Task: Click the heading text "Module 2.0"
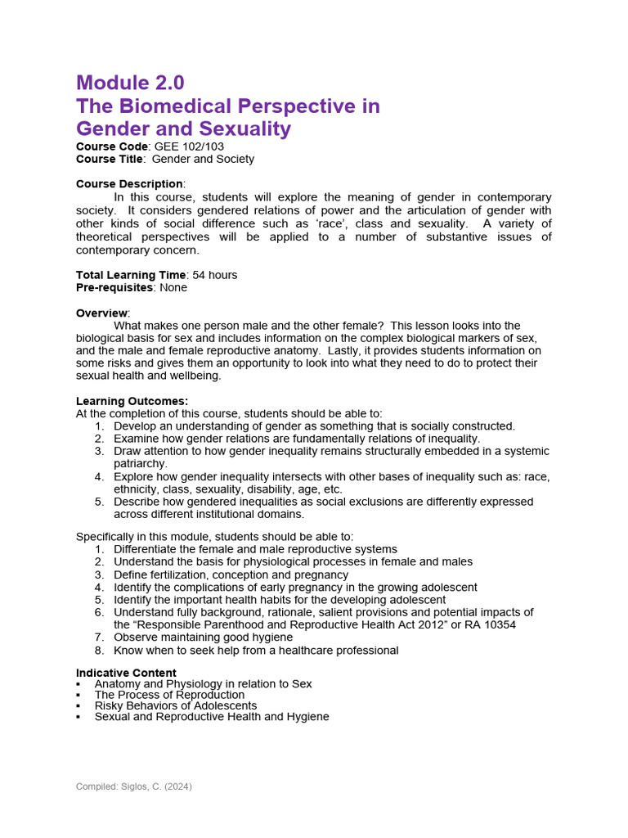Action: click(130, 83)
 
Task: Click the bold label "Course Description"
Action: click(129, 184)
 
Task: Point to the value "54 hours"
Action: click(215, 275)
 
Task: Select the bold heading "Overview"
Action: click(102, 313)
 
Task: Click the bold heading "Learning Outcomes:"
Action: click(132, 401)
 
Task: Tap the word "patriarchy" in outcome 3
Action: click(140, 463)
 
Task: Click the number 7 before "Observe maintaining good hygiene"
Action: click(99, 638)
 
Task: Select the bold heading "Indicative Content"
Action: click(126, 673)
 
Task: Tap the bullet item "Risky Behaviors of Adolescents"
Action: click(175, 705)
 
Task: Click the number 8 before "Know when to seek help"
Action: click(99, 651)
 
